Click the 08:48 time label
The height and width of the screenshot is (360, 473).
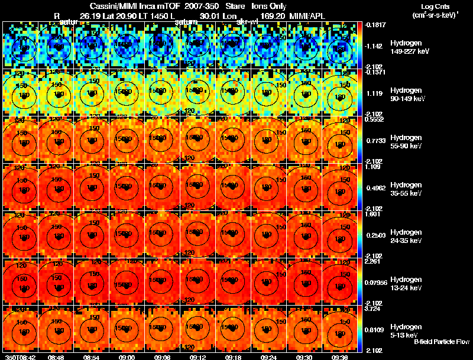56,357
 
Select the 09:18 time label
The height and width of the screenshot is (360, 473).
233,357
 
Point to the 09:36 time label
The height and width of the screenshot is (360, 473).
339,357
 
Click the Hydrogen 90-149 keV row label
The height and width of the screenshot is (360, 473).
406,95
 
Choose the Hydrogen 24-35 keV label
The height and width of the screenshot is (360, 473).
405,236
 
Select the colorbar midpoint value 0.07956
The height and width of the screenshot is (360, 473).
377,281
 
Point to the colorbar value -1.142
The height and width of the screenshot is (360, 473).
374,46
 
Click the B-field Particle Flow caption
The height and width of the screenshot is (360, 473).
442,342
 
